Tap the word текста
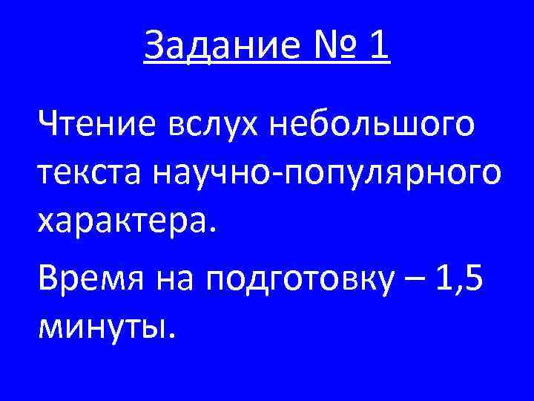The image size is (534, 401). [90, 175]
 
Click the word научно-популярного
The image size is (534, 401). [327, 177]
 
